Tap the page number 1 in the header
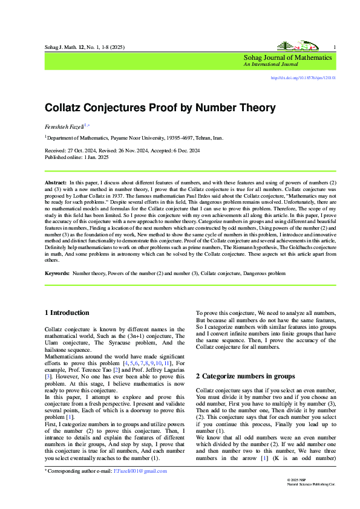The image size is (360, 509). (335, 47)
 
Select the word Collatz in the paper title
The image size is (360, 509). (65, 108)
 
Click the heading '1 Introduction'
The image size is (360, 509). (67, 313)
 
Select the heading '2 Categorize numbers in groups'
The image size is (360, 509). (246, 376)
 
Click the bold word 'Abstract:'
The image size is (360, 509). (56, 182)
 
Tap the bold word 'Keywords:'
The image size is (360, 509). (57, 274)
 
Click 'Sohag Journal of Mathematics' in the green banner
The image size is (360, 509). (287, 57)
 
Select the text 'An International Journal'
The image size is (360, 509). (270, 64)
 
